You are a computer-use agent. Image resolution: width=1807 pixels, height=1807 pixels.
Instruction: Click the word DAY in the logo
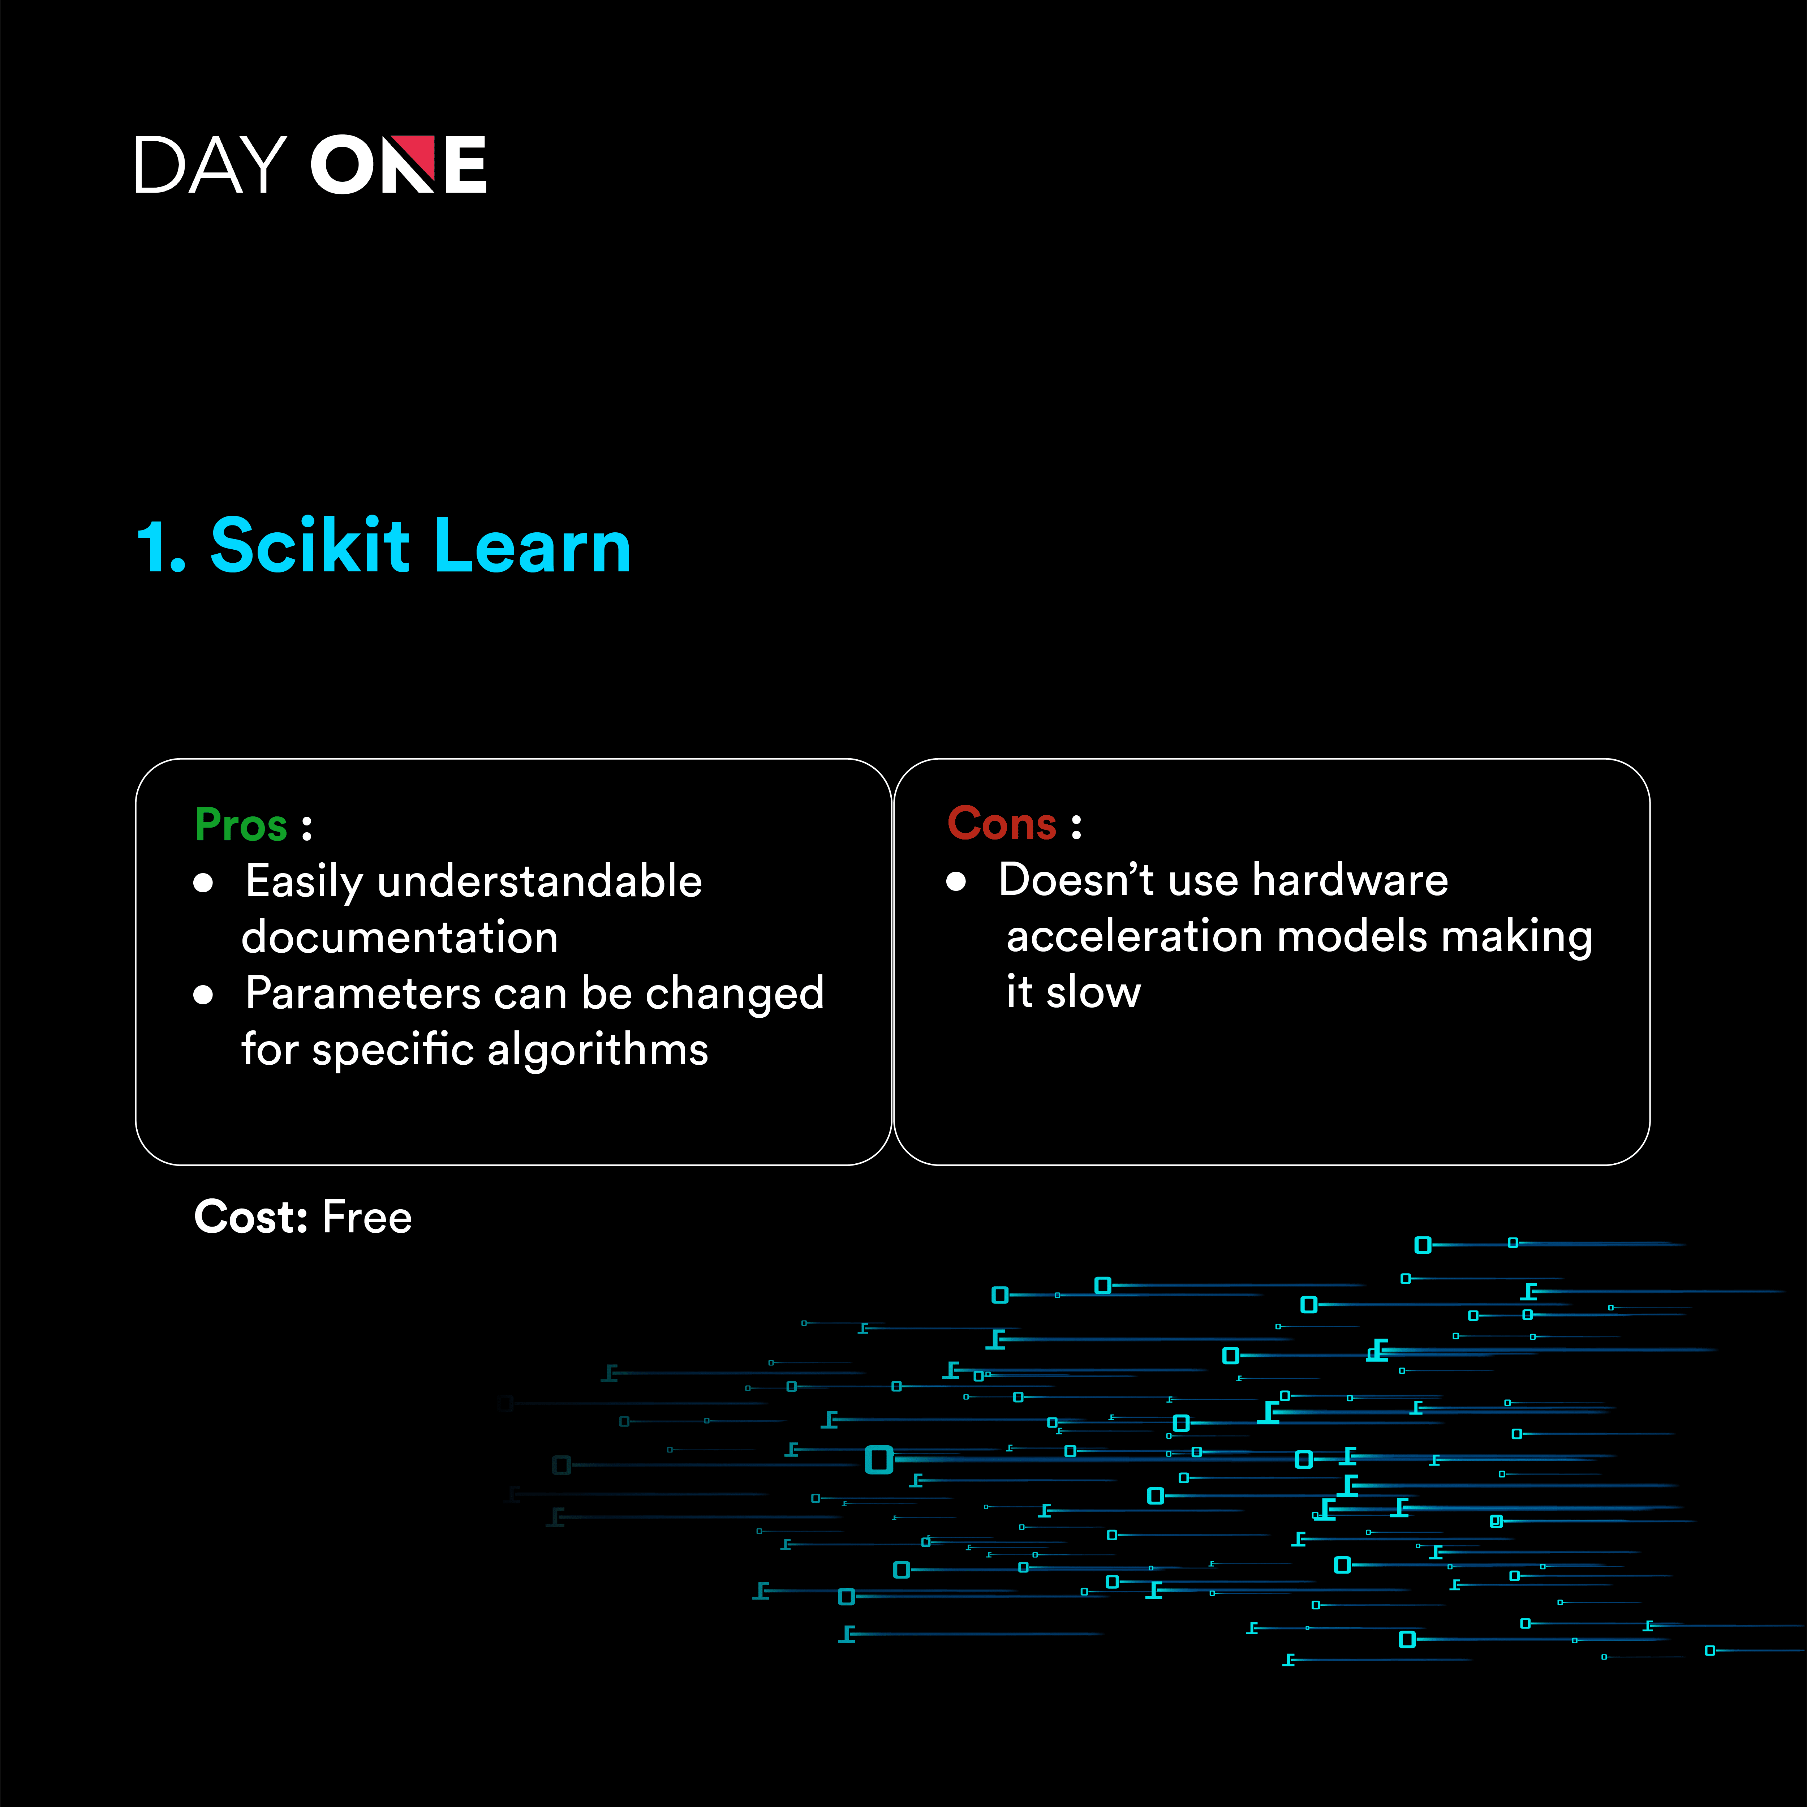tap(210, 164)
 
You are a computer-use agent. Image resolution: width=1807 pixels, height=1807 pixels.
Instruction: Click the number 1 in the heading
tap(154, 547)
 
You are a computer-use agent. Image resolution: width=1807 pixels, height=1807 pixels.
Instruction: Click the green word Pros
tap(240, 825)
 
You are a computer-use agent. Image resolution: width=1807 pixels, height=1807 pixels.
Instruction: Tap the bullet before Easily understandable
tap(203, 883)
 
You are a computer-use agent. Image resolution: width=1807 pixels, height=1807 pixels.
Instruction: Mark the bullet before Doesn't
tap(956, 881)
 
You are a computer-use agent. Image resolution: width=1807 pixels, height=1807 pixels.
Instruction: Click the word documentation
tap(399, 937)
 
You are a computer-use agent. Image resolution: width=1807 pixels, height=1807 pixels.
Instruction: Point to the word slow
tap(1093, 991)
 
